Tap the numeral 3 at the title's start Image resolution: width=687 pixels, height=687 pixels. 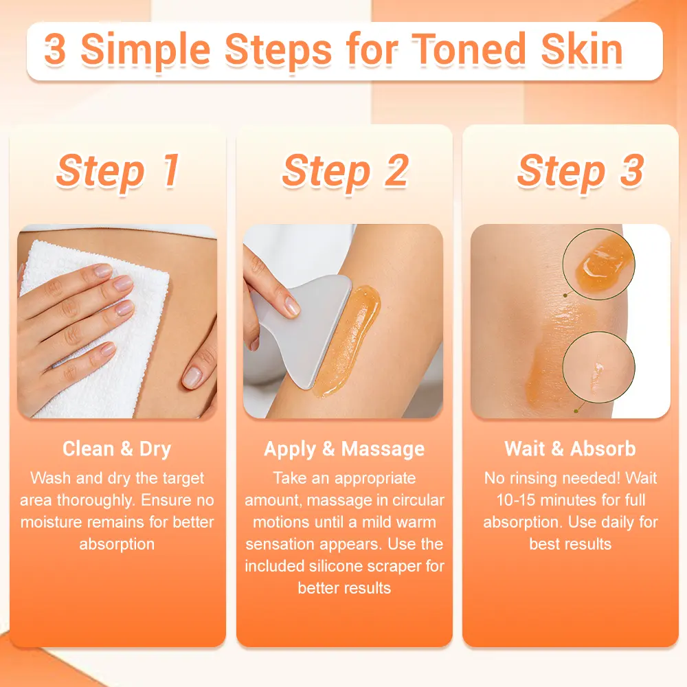(55, 49)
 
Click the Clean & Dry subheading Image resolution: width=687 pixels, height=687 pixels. (117, 449)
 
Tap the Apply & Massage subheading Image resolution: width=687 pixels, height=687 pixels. (344, 449)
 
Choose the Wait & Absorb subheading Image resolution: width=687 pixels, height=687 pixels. (570, 449)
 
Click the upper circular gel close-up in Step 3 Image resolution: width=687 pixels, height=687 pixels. (598, 264)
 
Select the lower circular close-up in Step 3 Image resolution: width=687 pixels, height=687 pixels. (598, 367)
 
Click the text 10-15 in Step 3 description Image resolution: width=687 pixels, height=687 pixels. (516, 500)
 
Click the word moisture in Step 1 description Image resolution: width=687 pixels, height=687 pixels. (49, 522)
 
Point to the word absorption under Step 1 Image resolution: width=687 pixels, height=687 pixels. (117, 545)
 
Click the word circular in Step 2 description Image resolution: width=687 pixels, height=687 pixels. (418, 500)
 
